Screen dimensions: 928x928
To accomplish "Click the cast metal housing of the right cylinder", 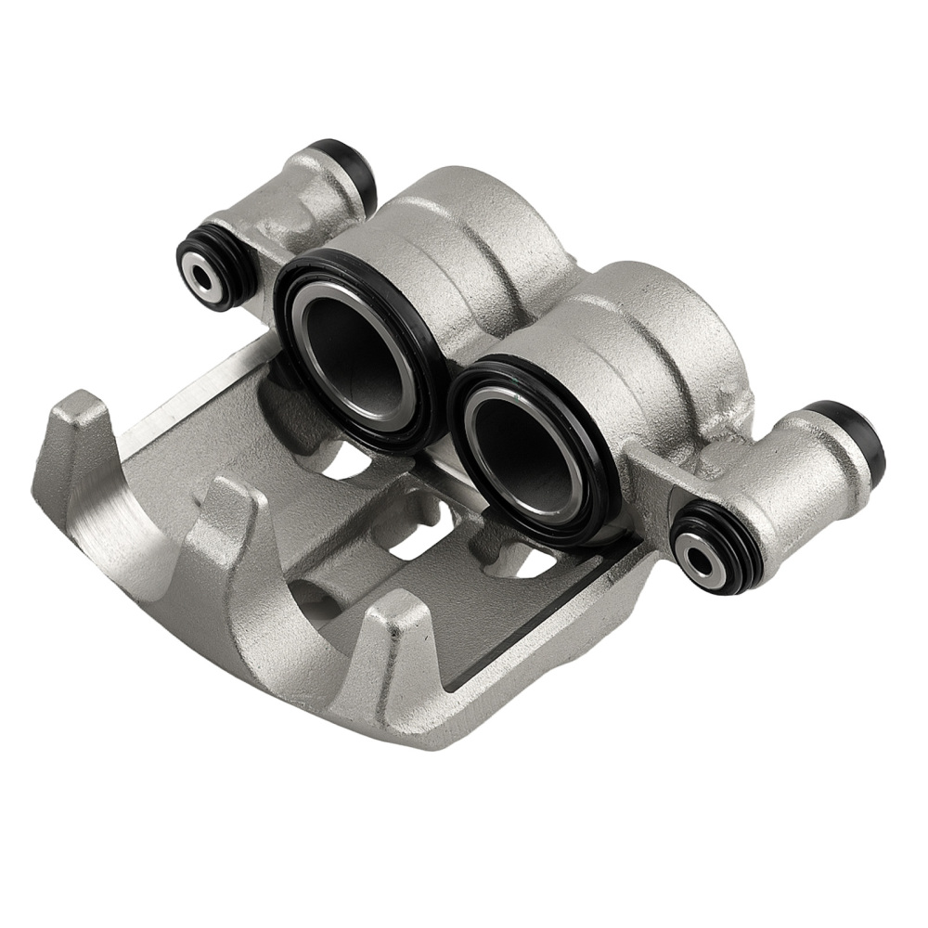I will point(650,334).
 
